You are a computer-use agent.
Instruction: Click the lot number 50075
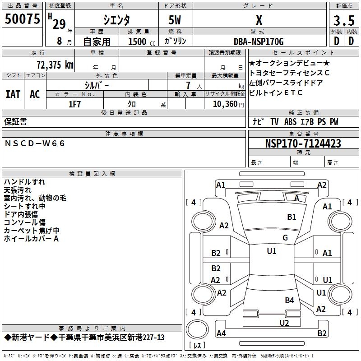click(22, 19)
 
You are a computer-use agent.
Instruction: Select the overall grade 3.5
click(343, 21)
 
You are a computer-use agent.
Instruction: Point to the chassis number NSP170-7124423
click(303, 143)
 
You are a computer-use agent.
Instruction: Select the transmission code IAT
click(13, 94)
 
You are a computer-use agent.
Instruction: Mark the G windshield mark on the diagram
click(285, 238)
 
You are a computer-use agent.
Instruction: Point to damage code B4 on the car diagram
click(289, 300)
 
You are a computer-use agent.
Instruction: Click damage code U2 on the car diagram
click(284, 322)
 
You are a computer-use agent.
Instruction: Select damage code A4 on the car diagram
click(221, 333)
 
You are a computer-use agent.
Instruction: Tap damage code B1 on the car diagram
click(292, 217)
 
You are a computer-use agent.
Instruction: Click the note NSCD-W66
click(35, 143)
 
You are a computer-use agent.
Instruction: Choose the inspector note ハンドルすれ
click(24, 182)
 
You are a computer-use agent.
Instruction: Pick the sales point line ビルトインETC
click(275, 93)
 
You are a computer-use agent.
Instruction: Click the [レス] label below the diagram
click(197, 346)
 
